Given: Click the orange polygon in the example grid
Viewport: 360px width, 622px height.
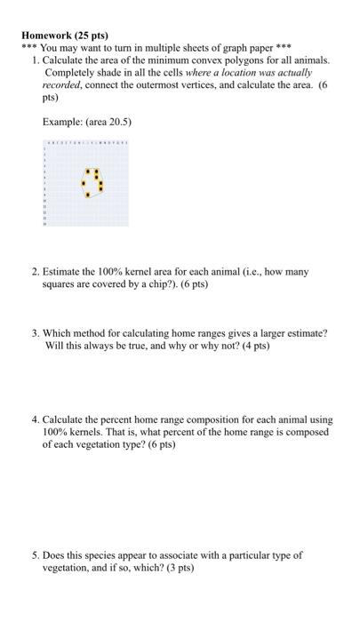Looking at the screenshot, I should coord(92,180).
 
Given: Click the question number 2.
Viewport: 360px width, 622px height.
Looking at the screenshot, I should coord(33,270).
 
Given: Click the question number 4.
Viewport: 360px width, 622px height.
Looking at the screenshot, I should coord(33,418).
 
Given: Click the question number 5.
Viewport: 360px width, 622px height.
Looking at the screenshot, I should coord(33,554).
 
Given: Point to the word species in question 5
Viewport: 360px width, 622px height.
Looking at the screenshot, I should coord(94,554).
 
